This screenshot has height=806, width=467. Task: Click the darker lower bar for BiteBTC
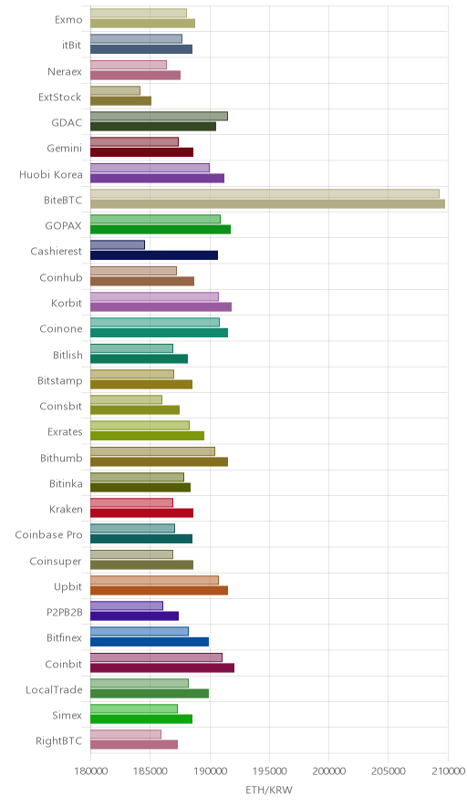click(267, 204)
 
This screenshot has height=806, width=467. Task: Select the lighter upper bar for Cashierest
click(118, 244)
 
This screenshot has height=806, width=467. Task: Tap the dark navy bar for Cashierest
click(154, 255)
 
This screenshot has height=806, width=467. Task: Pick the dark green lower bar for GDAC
click(153, 127)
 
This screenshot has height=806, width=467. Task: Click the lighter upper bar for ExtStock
click(115, 90)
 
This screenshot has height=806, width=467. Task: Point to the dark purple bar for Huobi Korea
click(158, 179)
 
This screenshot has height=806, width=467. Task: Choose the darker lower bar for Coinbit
click(162, 667)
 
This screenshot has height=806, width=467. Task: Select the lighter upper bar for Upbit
click(154, 580)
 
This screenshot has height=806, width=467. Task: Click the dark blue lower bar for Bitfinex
click(150, 642)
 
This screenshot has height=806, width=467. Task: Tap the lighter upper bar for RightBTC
click(126, 734)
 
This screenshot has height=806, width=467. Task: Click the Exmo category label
click(68, 19)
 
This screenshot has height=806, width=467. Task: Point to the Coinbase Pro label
click(48, 534)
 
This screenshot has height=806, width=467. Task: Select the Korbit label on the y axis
click(67, 303)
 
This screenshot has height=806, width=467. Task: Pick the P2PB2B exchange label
click(64, 612)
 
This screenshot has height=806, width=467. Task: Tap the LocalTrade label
click(54, 689)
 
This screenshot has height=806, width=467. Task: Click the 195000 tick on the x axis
click(269, 771)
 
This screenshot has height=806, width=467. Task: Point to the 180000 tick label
click(90, 771)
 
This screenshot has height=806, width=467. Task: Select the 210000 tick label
click(448, 771)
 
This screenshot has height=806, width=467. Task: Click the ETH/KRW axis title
click(269, 790)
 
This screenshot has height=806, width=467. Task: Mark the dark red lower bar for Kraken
click(142, 513)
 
